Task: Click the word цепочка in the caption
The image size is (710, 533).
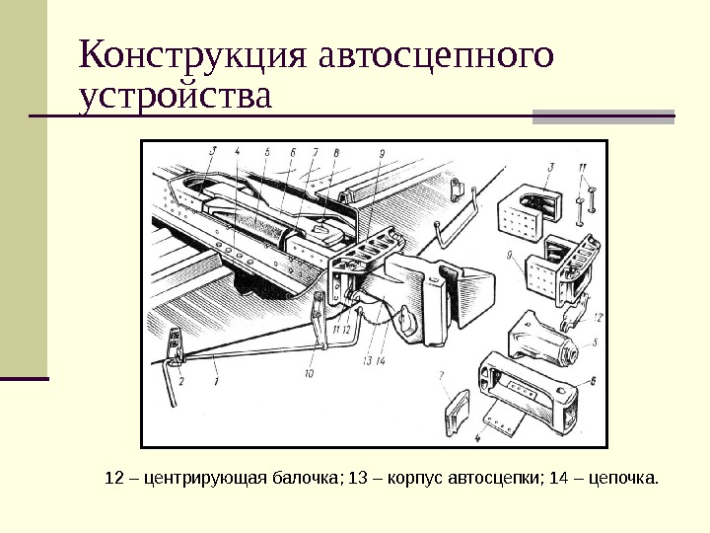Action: pyautogui.click(x=623, y=480)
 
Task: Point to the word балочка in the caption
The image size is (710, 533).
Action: pyautogui.click(x=302, y=480)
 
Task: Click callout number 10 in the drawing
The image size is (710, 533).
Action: pyautogui.click(x=309, y=374)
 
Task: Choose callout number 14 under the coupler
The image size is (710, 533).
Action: pyautogui.click(x=380, y=361)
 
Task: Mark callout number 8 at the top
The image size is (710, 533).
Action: pyautogui.click(x=336, y=153)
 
